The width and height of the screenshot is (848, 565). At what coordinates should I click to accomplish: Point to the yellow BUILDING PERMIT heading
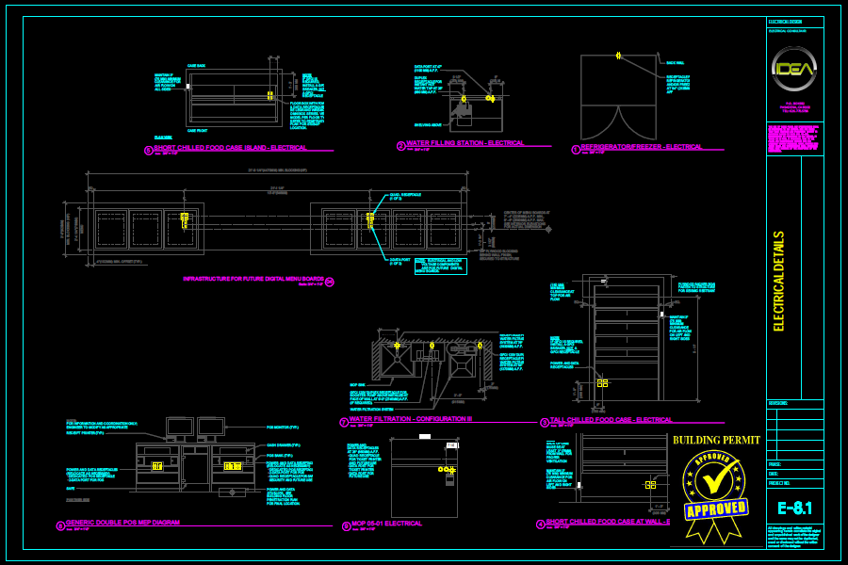click(716, 440)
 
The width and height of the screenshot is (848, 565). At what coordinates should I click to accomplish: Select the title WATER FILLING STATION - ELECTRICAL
click(465, 143)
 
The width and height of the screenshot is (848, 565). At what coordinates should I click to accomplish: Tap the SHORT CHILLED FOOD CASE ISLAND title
click(230, 148)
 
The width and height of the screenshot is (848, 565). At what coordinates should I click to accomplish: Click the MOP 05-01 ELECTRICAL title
click(386, 523)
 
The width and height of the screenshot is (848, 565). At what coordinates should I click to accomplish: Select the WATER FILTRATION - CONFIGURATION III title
click(411, 419)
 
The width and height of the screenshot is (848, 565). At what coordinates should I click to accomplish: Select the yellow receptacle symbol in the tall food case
click(602, 383)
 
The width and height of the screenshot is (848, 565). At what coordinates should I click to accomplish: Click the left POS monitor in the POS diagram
click(179, 428)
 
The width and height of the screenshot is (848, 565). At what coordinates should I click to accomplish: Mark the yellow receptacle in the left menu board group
click(185, 219)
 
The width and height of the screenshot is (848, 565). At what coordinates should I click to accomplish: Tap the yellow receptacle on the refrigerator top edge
click(618, 56)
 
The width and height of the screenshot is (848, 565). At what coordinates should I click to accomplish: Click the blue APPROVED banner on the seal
click(716, 509)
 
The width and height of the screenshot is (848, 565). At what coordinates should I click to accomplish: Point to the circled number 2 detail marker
click(400, 146)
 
